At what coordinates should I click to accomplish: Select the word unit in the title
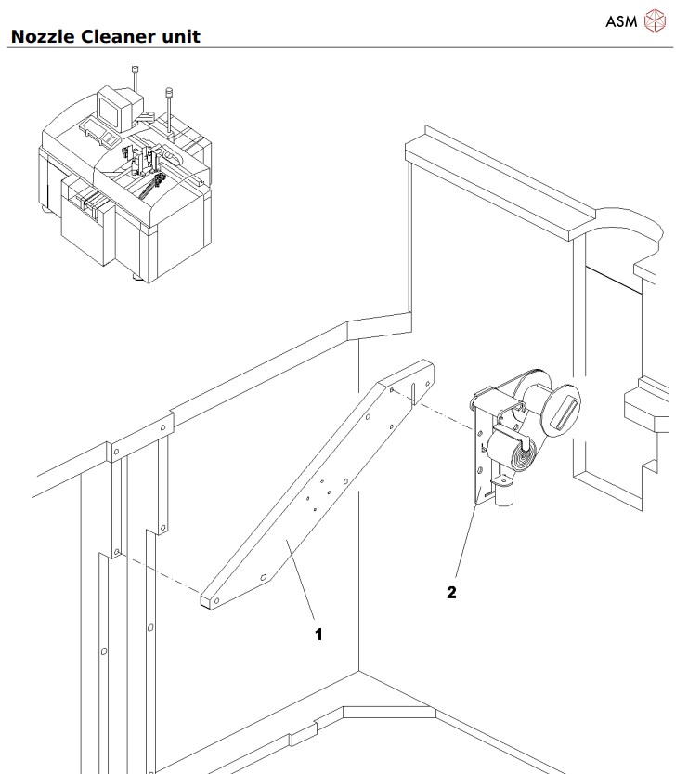[x=178, y=37]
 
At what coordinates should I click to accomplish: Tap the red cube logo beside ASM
[x=656, y=20]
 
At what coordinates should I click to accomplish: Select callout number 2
[x=451, y=593]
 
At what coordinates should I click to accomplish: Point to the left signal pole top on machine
[x=136, y=71]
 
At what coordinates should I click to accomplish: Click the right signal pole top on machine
[x=169, y=91]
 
